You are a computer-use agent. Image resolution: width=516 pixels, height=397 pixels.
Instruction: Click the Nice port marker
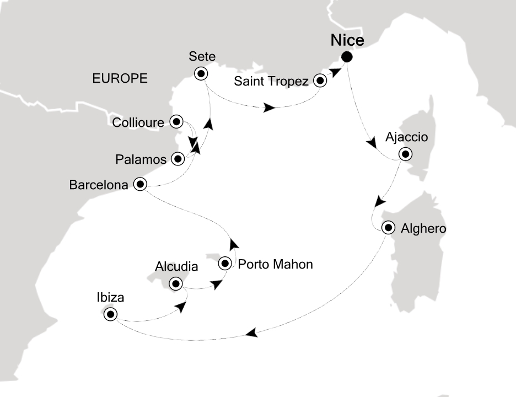coord(347,56)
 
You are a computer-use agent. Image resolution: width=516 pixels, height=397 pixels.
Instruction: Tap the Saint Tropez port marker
coord(320,81)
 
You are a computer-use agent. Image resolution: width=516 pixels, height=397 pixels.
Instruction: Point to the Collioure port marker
coord(176,121)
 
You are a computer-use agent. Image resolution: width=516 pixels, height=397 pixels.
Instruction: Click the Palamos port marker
coord(178,159)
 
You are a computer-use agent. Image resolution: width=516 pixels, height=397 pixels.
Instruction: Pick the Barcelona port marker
coord(140,185)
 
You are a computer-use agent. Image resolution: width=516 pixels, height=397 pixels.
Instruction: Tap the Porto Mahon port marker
coord(225,264)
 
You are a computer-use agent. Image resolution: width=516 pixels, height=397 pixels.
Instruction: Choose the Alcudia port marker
coord(176,285)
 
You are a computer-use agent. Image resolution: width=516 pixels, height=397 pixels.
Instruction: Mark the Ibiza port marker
coord(110,314)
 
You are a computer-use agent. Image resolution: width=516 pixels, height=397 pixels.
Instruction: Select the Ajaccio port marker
coord(406,154)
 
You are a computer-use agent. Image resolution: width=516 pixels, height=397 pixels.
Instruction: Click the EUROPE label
coord(120,79)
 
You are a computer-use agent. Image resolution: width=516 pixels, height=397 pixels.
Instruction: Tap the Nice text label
coord(347,40)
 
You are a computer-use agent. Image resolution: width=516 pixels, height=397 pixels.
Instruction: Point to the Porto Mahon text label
coord(275,264)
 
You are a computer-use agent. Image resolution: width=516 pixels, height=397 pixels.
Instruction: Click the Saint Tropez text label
coord(270,82)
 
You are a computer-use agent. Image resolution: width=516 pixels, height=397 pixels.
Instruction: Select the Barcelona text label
coord(98,185)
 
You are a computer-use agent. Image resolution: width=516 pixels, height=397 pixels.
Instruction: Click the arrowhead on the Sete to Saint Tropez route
coord(269,108)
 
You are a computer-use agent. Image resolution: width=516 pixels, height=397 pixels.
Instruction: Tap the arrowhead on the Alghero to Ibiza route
coord(251,333)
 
